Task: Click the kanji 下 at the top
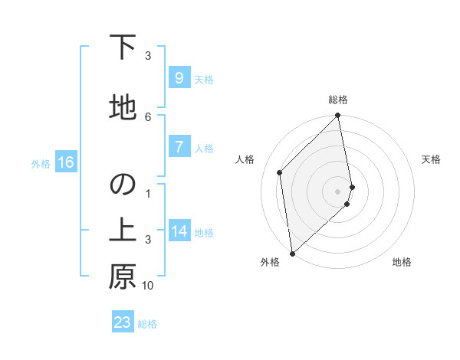coord(122,48)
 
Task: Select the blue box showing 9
coord(179,78)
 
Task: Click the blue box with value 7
coord(179,147)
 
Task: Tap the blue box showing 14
coord(179,231)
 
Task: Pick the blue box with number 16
coord(65,162)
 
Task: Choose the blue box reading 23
coord(123,322)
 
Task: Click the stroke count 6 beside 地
coord(148,116)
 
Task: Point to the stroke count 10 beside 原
coord(148,286)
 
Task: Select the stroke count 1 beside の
coord(148,193)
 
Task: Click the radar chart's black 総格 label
coord(338,100)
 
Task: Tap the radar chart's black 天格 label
coord(431,159)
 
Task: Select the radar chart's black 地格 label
coord(402,263)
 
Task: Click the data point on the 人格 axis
coord(280,172)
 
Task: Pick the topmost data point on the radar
coord(338,116)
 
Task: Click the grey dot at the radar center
coord(338,191)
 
